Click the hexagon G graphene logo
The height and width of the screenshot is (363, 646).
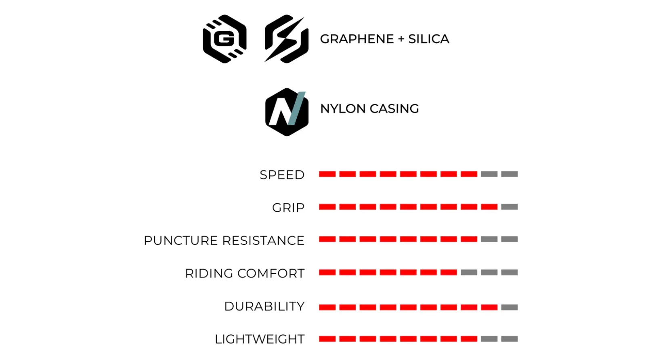(224, 39)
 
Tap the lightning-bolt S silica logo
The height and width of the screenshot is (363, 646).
(286, 39)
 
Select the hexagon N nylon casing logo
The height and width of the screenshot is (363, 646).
(287, 112)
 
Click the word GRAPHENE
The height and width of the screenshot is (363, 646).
(357, 39)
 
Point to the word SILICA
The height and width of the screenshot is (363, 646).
(429, 39)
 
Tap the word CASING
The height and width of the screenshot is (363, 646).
(394, 109)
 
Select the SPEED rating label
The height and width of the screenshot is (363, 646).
(282, 175)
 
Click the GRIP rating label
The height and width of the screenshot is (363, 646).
(288, 208)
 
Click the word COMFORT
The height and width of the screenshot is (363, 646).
(271, 273)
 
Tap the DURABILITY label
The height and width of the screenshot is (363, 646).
(264, 306)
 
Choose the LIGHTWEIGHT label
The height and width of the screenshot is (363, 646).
(260, 339)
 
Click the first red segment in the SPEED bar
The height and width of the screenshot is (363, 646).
(327, 174)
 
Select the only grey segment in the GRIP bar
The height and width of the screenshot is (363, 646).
(510, 207)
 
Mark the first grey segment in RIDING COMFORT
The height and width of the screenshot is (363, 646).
(469, 273)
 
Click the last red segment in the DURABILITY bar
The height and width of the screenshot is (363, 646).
(489, 307)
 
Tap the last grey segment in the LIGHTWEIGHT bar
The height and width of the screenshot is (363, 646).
(510, 339)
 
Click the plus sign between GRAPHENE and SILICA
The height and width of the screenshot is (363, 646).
(401, 39)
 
